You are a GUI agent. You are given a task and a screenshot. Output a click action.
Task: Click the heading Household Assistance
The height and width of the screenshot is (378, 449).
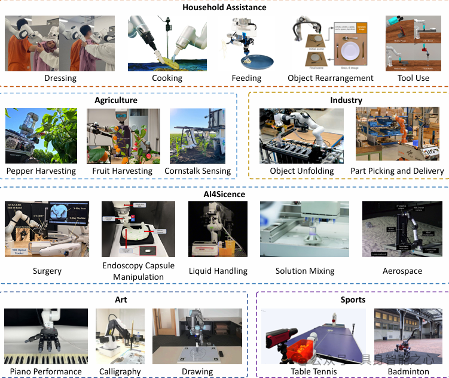point(224,7)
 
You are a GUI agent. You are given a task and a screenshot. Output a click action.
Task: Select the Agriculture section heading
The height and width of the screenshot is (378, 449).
point(116,100)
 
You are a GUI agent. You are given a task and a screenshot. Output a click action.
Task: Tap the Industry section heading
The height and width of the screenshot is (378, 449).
point(346,100)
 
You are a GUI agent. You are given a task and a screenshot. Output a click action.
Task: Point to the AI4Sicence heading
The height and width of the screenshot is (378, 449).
point(224,194)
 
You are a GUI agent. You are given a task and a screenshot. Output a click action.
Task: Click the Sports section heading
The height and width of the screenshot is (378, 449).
point(352,300)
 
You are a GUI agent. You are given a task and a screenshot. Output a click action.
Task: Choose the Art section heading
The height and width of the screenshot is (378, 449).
point(121,300)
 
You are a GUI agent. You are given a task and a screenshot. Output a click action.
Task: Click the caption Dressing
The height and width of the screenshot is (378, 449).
point(60,78)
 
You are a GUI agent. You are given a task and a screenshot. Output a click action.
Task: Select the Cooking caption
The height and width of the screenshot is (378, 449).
point(167,78)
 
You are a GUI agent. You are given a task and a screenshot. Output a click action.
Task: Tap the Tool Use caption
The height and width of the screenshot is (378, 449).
point(413,78)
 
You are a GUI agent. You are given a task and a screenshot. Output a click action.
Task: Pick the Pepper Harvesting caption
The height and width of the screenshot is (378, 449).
point(41,171)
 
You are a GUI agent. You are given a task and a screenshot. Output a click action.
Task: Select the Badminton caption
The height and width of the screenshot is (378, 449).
point(409,371)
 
